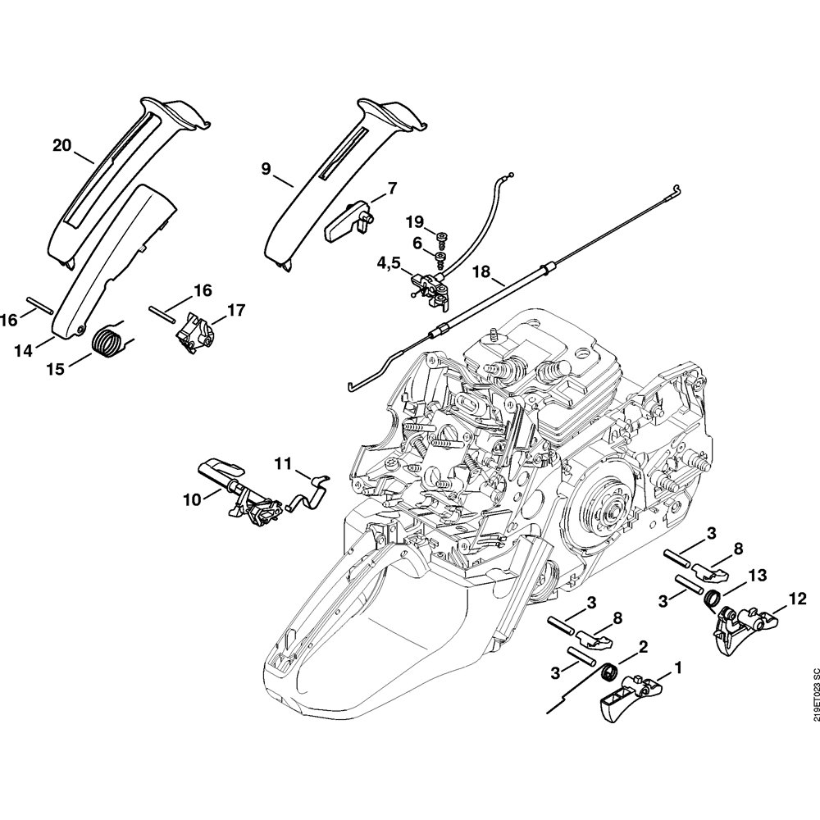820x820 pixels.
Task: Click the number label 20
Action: tap(61, 145)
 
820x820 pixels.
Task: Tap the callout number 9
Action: tap(266, 168)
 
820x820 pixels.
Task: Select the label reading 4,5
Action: tap(389, 263)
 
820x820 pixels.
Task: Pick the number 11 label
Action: tap(282, 463)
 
